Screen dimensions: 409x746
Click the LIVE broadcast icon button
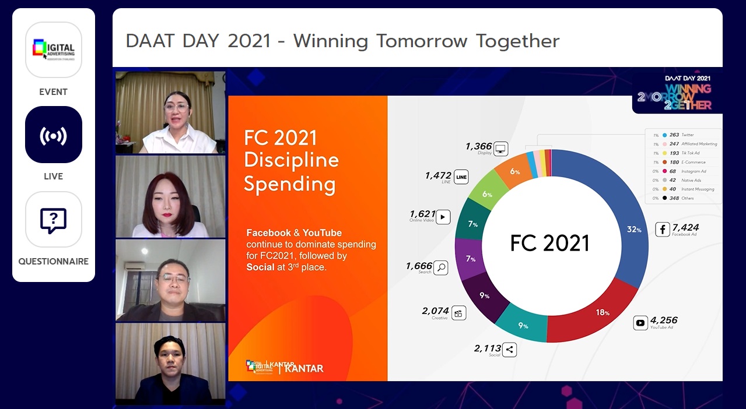[x=53, y=135]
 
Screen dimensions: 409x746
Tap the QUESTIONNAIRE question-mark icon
[x=53, y=220]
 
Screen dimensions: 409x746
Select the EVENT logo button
[x=53, y=50]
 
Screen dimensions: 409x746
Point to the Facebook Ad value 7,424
[x=685, y=227]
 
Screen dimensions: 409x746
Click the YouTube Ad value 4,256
[x=664, y=320]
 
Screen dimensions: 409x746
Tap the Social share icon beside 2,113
[x=509, y=350]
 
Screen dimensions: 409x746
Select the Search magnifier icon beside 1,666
[x=441, y=267]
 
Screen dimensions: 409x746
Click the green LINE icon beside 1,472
[x=461, y=177]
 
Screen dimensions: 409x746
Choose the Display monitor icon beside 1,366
[x=500, y=149]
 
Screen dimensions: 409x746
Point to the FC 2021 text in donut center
[x=549, y=243]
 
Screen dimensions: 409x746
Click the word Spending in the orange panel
[x=289, y=184]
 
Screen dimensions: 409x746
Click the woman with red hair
[x=170, y=199]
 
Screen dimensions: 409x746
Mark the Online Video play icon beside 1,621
[x=443, y=217]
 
